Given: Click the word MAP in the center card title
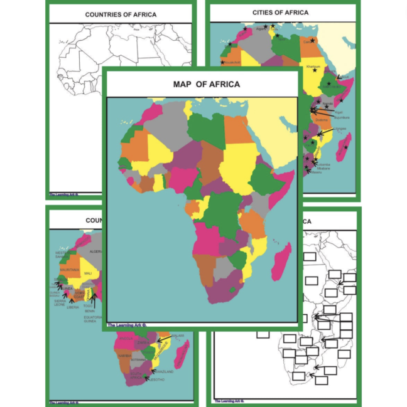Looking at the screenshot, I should (x=184, y=84).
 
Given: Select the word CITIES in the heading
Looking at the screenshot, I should (x=264, y=13).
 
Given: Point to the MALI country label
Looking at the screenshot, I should (x=87, y=273).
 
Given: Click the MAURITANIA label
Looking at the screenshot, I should (x=70, y=270).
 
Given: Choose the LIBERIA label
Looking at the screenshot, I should (x=73, y=307).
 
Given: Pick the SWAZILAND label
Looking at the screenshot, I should (x=165, y=371).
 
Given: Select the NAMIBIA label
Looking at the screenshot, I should (x=124, y=356).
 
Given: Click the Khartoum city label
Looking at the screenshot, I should (x=313, y=66).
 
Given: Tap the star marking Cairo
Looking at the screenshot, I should (x=312, y=41).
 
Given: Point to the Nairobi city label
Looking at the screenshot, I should (x=328, y=104).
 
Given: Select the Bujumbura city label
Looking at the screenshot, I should (x=342, y=117).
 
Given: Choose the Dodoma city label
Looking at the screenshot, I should (x=322, y=120).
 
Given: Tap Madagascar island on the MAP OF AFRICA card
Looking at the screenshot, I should (x=281, y=262).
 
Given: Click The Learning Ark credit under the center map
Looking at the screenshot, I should (x=127, y=325).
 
